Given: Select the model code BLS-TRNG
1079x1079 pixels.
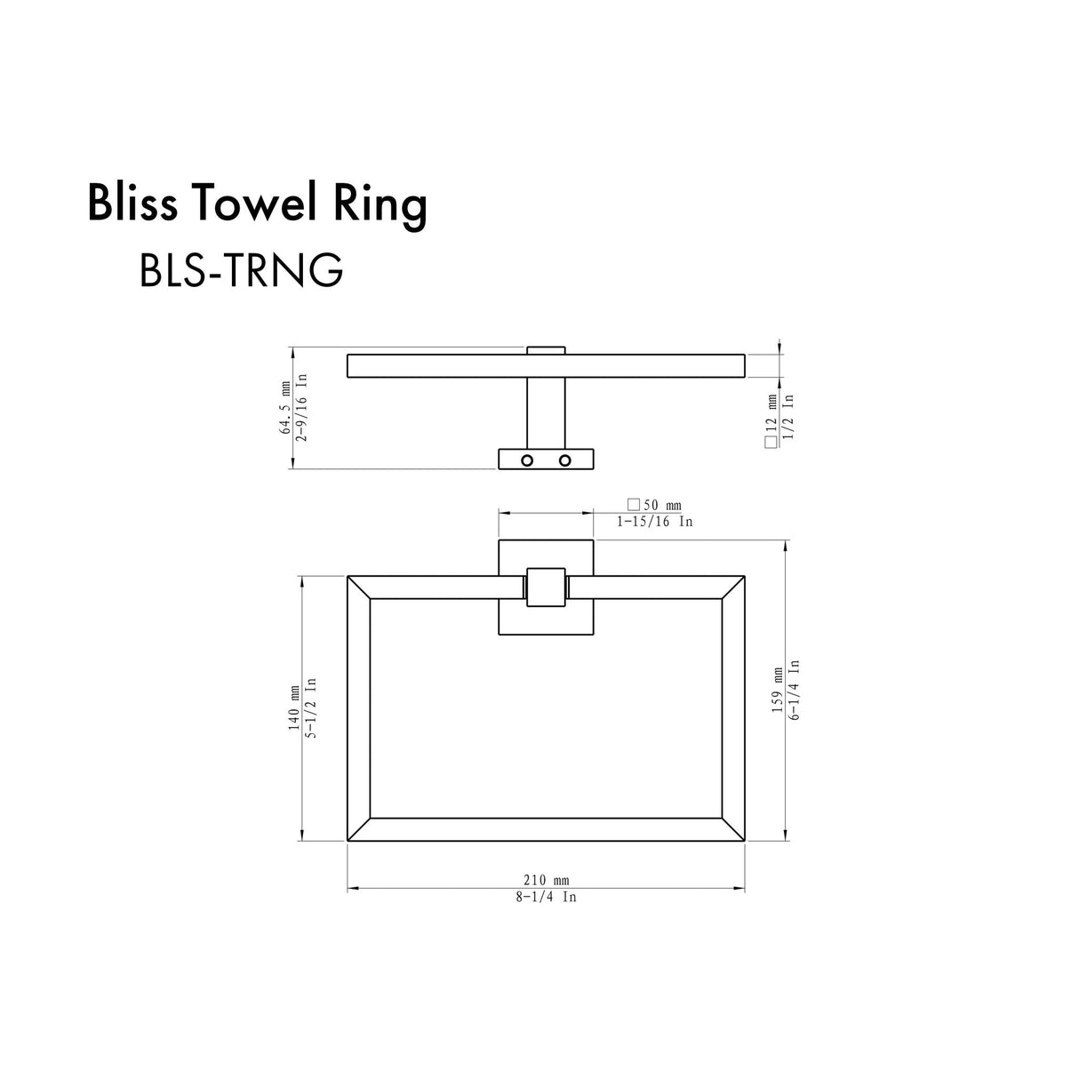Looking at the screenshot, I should coord(241,270).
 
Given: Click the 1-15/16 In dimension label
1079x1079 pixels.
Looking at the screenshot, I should coord(655,522).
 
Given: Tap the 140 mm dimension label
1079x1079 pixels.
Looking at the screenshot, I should coord(294,708).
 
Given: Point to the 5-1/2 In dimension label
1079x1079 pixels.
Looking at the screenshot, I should coord(310,708).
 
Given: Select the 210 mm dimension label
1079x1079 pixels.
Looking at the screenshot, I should coord(545,880).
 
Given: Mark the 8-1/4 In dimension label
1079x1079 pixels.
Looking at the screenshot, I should coord(546,897).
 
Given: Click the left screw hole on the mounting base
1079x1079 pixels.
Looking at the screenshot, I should coord(526,460).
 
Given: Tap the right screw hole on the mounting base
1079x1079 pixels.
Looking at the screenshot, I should coord(564,460).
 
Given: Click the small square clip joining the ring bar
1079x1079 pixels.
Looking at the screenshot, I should coord(546,587).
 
